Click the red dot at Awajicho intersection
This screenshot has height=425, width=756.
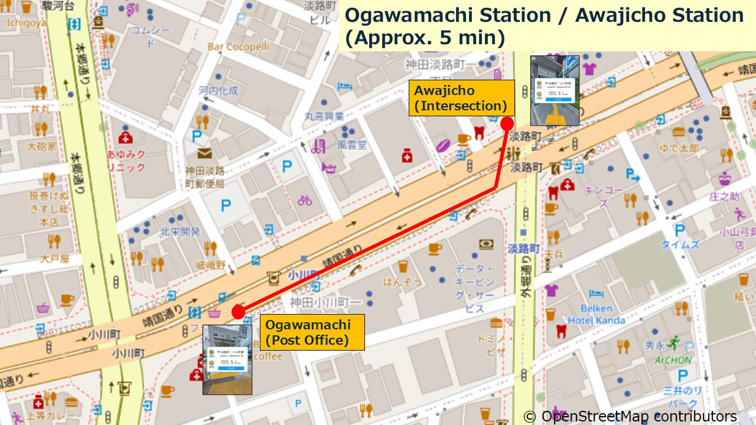[507, 123]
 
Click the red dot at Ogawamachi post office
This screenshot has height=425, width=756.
[239, 312]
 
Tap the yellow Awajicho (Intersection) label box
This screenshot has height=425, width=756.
[461, 98]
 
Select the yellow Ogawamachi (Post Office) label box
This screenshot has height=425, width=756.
[312, 332]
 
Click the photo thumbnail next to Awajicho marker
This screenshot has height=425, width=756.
[555, 90]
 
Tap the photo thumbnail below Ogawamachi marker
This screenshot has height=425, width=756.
[227, 359]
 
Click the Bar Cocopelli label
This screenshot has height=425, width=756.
[239, 47]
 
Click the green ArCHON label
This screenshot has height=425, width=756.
[673, 359]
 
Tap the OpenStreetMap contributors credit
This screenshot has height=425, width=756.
[630, 416]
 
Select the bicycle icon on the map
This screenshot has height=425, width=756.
[305, 200]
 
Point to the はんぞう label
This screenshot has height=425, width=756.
[403, 282]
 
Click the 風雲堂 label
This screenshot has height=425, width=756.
[352, 145]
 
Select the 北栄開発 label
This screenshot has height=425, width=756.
[180, 231]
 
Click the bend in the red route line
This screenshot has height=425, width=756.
[495, 188]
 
